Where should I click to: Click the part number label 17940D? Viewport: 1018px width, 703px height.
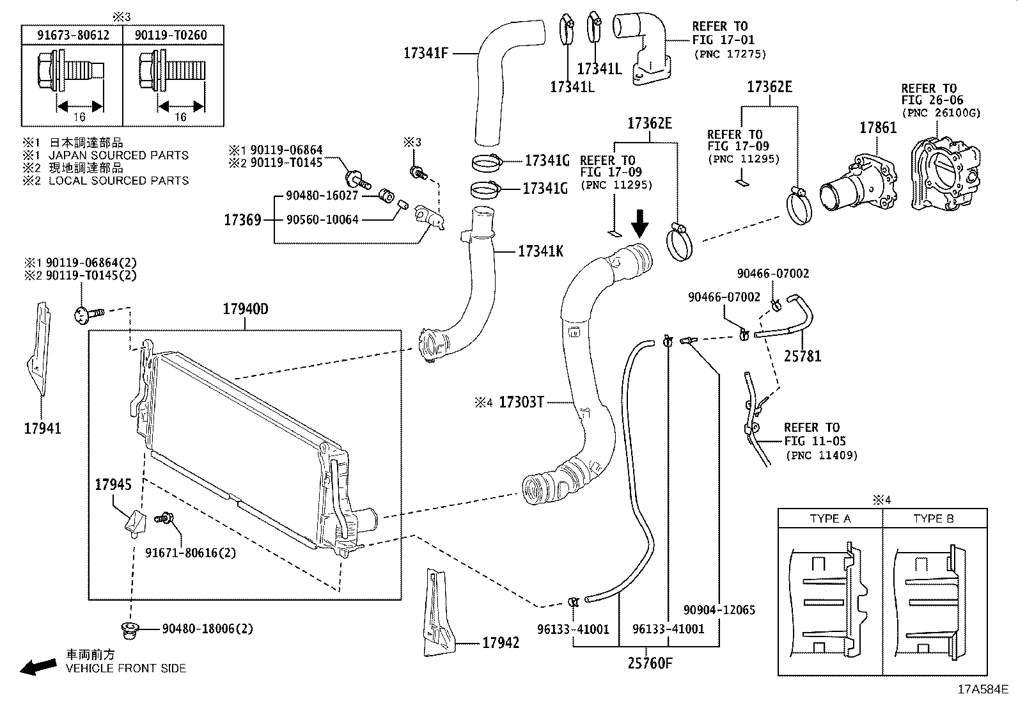(x=245, y=310)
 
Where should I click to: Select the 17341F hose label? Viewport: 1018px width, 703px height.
(x=426, y=53)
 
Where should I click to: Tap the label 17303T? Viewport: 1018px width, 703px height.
(x=521, y=402)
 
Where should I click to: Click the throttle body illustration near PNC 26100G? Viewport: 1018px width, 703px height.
(x=945, y=175)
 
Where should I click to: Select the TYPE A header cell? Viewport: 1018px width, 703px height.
(x=830, y=519)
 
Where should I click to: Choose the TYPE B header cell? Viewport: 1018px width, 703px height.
(x=933, y=519)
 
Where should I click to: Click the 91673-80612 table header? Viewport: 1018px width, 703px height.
(x=72, y=35)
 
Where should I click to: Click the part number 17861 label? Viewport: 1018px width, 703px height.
(x=877, y=127)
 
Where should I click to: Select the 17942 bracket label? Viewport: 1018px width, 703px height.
(x=501, y=643)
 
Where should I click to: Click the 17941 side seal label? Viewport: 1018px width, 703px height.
(x=42, y=429)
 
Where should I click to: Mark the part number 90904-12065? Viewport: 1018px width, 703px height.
(x=719, y=610)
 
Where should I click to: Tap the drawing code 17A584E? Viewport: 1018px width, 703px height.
(x=982, y=690)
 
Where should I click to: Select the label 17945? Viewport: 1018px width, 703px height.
(x=114, y=485)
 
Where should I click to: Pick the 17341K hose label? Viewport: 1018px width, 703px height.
(x=540, y=251)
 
